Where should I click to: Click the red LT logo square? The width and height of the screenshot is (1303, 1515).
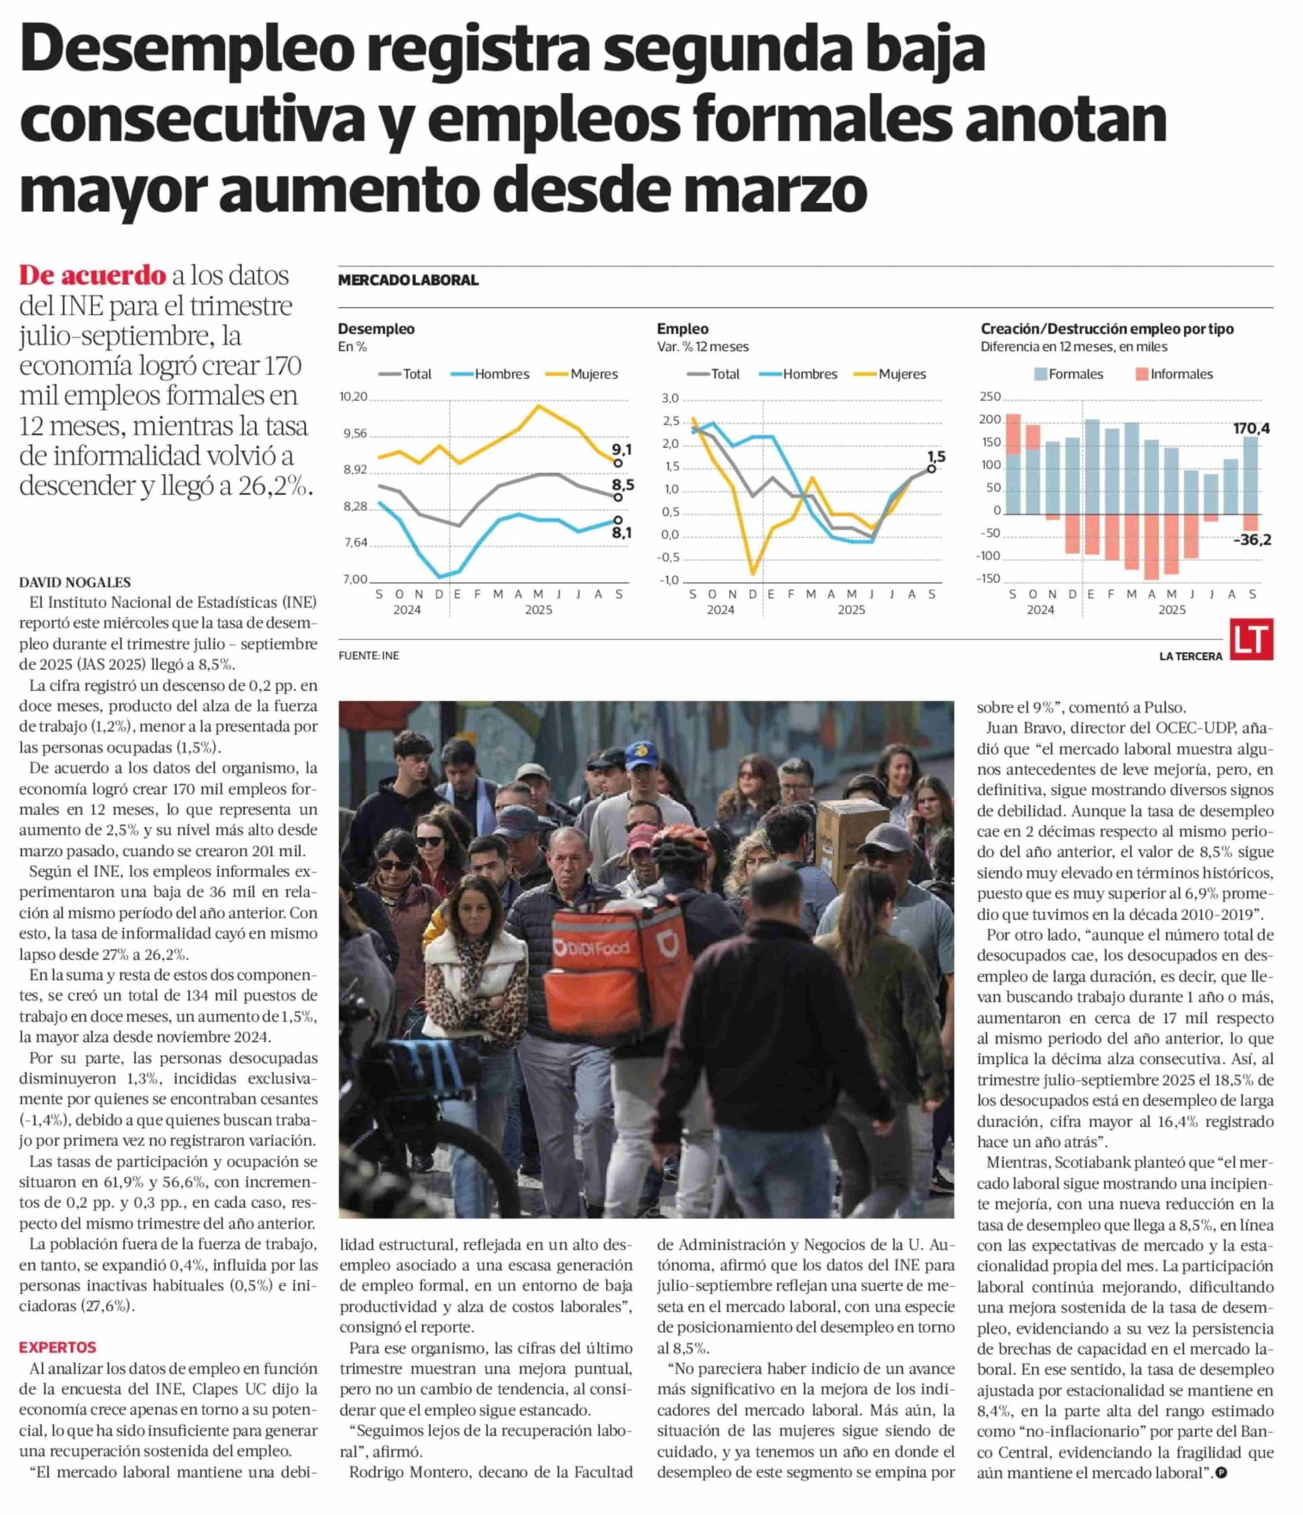tap(1251, 640)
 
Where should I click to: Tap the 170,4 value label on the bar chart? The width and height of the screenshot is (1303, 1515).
tap(1251, 428)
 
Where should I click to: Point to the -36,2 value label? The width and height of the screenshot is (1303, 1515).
tap(1251, 540)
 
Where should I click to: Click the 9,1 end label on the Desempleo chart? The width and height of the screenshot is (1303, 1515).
tap(622, 450)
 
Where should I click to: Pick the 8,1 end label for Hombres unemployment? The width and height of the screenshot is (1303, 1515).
tap(622, 533)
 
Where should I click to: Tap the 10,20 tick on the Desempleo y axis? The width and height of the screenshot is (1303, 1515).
tap(353, 397)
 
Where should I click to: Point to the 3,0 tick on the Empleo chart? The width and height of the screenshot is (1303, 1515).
tap(670, 398)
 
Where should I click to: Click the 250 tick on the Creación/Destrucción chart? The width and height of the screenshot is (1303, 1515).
tap(990, 397)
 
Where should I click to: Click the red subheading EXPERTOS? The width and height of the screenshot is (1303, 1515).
tap(58, 1347)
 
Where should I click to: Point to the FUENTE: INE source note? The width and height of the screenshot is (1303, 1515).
tap(368, 656)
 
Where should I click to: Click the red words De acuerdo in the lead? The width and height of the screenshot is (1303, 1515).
tap(93, 276)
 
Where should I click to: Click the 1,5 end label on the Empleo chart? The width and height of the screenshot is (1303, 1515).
tap(936, 457)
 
